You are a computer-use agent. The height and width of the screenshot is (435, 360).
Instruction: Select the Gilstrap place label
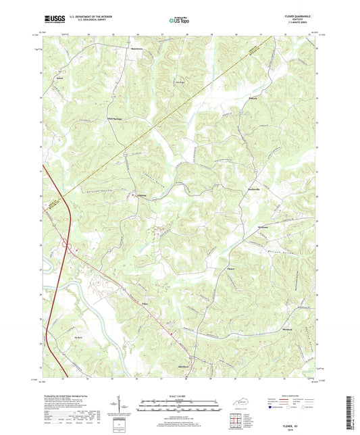click(141, 196)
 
